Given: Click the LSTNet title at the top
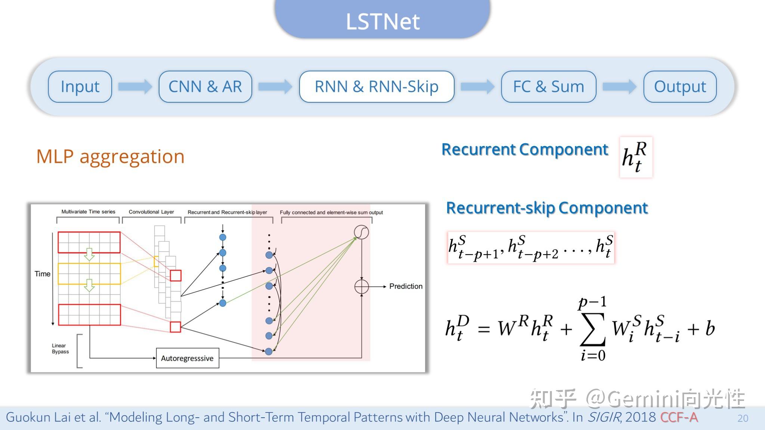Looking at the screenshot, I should click(382, 21).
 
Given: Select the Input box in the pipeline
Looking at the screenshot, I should click(80, 87).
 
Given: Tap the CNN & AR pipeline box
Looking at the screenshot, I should click(205, 87).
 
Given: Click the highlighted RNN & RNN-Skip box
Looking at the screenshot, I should click(377, 87).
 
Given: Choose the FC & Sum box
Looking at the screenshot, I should click(548, 87).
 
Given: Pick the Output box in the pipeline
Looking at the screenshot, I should click(680, 87).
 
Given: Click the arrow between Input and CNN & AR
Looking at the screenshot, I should click(135, 87).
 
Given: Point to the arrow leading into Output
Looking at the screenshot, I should click(619, 87).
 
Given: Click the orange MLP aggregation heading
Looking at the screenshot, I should click(110, 156).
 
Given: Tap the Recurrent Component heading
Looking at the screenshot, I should click(525, 149).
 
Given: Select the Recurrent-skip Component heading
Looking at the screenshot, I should click(547, 208).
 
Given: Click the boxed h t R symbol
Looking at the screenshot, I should click(636, 157).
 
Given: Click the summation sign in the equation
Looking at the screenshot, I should click(592, 329).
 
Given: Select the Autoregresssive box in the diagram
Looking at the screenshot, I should click(187, 358).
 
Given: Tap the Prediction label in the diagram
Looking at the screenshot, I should click(406, 286).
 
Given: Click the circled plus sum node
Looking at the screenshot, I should click(361, 287).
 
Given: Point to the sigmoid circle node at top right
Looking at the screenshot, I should click(361, 232).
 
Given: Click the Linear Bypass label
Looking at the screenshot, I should click(60, 349).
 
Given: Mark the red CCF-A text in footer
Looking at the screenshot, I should click(679, 417).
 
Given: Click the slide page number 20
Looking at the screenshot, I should click(743, 418).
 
